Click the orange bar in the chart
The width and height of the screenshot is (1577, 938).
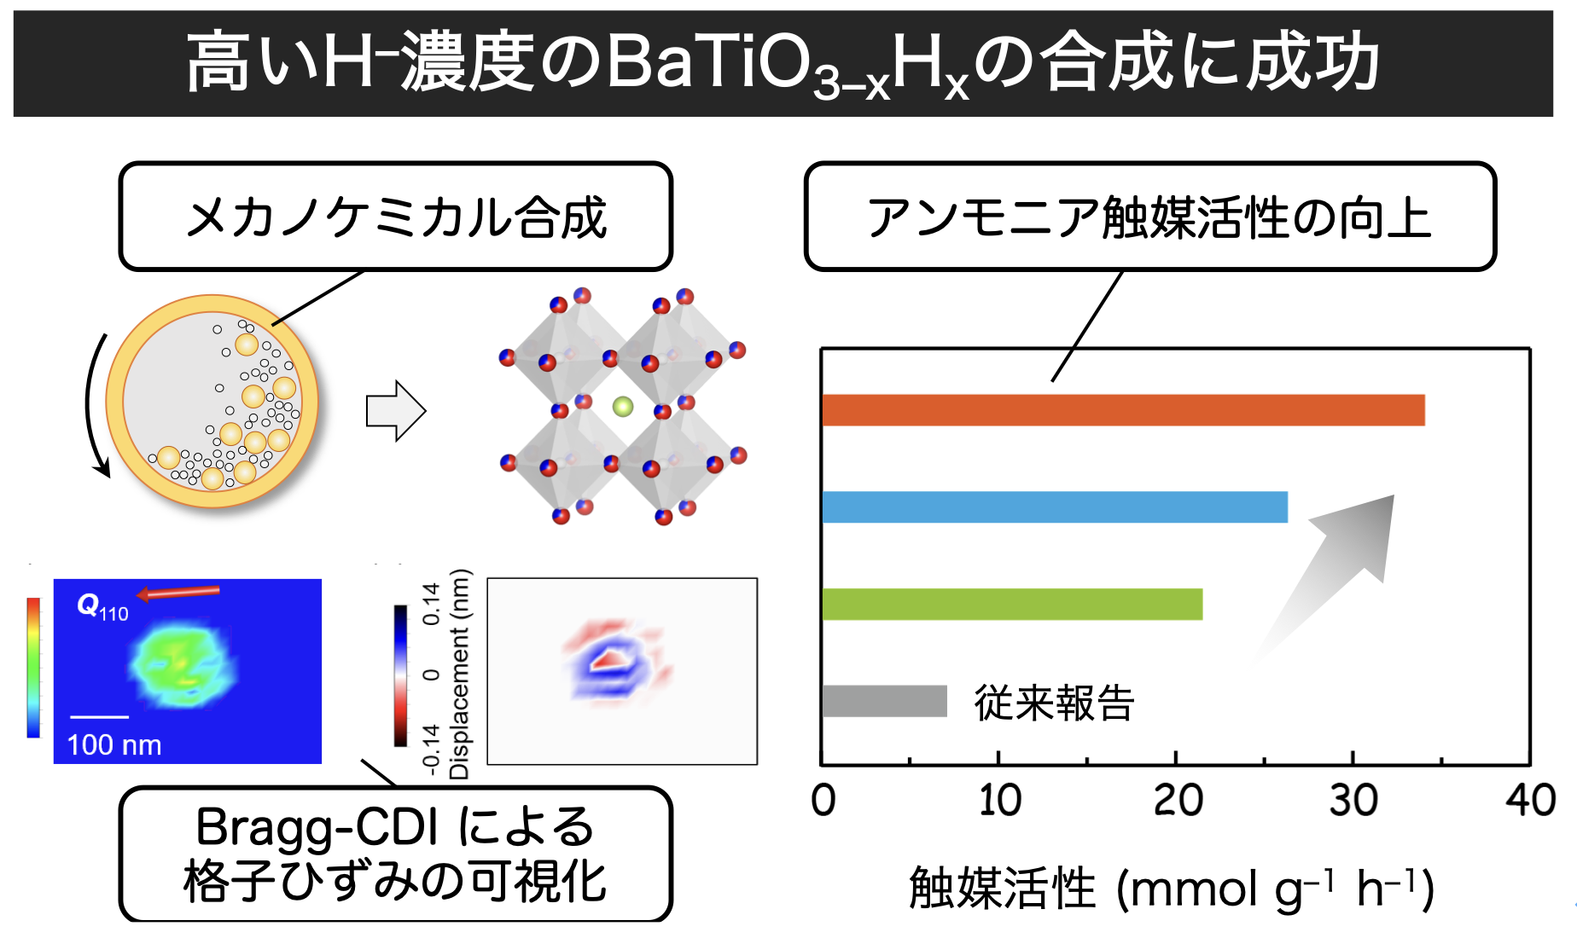[x=1122, y=410]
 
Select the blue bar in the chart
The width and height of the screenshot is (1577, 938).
[x=1054, y=507]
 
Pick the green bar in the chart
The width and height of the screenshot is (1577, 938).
[x=1011, y=605]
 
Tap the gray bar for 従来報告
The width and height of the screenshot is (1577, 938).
[x=884, y=701]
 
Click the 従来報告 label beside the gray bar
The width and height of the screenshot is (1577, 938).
[x=1054, y=703]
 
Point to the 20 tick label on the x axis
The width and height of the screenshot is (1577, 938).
[x=1178, y=801]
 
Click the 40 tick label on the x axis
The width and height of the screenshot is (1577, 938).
[x=1530, y=801]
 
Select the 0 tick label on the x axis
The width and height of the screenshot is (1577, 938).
[x=823, y=801]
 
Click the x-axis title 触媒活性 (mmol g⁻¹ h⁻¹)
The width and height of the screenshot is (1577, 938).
[x=1171, y=889]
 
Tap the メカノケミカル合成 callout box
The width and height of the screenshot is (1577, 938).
[x=396, y=217]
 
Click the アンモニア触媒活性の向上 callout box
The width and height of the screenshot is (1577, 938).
[x=1149, y=217]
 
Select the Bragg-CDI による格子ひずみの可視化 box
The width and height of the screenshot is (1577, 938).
[x=395, y=854]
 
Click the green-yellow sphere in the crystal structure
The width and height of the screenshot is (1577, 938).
[x=623, y=407]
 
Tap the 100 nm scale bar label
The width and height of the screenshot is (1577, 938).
[x=114, y=745]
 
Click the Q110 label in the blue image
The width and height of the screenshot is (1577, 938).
[x=102, y=606]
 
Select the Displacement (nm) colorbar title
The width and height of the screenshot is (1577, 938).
[x=459, y=674]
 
